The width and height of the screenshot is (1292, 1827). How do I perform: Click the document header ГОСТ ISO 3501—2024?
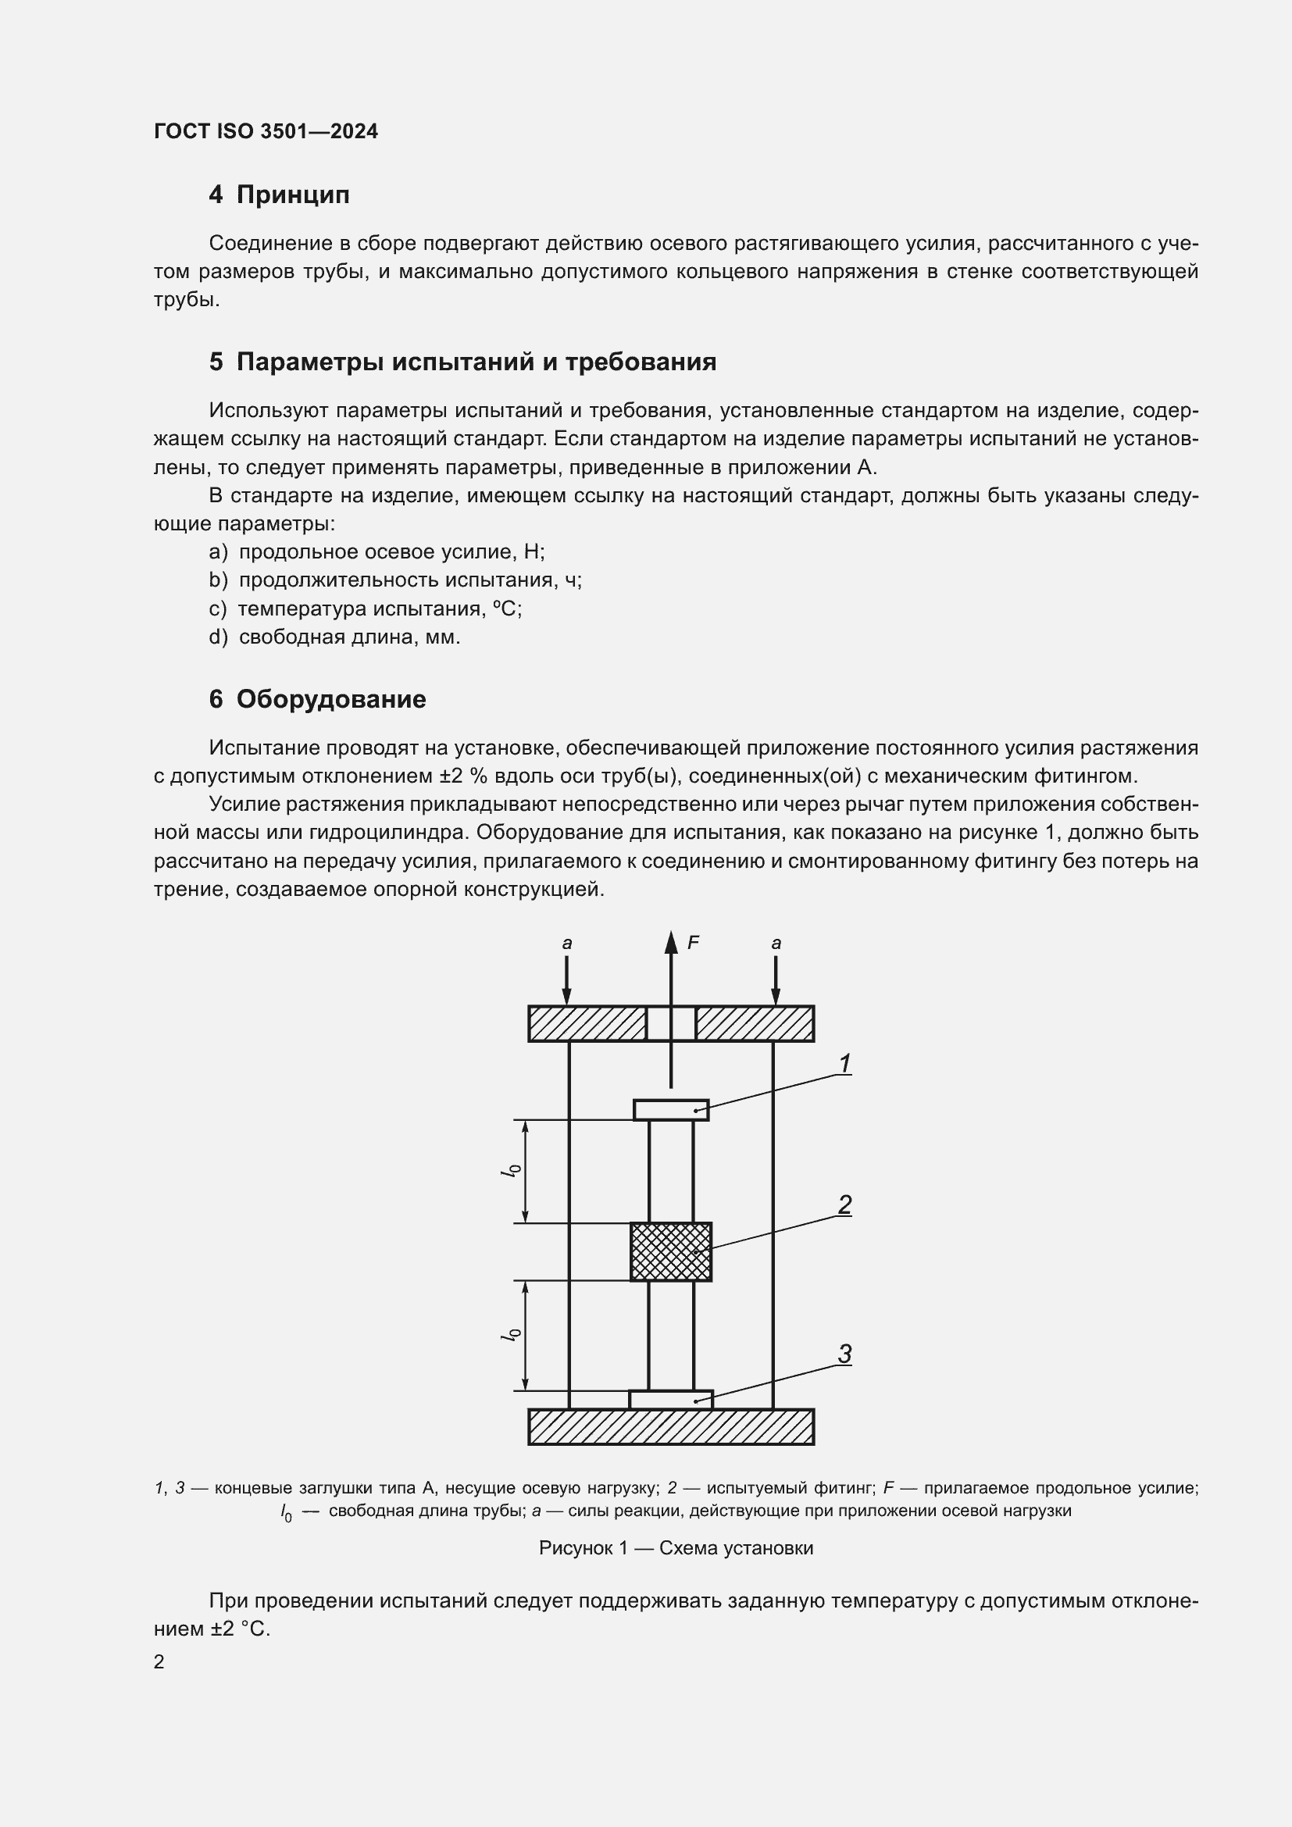point(266,131)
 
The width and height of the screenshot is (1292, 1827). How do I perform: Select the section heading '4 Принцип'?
point(278,194)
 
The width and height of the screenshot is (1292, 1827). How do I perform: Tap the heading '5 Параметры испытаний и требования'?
point(462,362)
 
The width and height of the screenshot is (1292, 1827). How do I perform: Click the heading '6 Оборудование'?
point(317,698)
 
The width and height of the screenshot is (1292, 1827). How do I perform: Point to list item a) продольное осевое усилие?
point(377,551)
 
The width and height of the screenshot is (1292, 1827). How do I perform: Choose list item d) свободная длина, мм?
point(334,637)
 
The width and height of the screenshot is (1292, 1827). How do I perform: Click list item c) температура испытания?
point(365,608)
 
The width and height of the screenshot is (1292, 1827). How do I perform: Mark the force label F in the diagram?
point(693,943)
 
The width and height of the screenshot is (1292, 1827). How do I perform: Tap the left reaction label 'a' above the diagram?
point(566,944)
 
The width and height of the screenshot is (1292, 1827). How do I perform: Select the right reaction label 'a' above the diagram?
point(776,944)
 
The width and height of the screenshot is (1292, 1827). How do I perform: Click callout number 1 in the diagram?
point(845,1063)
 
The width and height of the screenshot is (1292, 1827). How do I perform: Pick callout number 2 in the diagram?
point(845,1204)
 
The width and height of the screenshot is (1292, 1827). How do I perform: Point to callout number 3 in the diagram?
point(845,1353)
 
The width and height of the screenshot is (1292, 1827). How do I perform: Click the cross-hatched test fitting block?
point(671,1251)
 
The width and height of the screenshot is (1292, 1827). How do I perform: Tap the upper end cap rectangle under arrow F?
point(671,1109)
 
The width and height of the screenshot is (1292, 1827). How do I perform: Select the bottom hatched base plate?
point(671,1427)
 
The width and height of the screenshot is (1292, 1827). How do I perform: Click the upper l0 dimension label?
point(513,1171)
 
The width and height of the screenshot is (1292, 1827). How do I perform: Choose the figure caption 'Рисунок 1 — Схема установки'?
point(676,1547)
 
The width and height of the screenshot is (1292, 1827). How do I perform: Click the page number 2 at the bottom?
point(159,1661)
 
